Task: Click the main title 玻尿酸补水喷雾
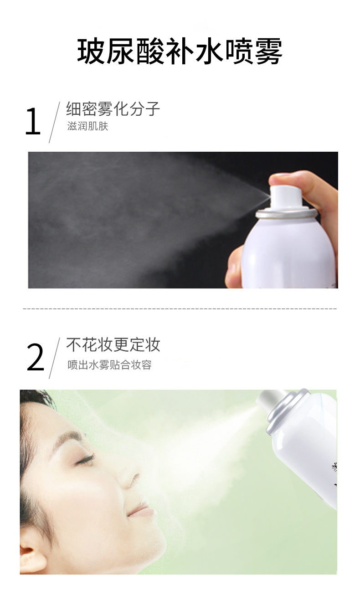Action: (180, 51)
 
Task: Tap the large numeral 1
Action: (33, 122)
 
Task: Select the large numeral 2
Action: (35, 358)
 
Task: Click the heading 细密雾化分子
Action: (113, 108)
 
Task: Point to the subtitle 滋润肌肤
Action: (88, 127)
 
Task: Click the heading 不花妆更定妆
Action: (113, 344)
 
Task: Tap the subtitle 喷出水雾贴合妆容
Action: (110, 365)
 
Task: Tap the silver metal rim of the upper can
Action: (286, 212)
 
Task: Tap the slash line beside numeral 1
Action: (54, 123)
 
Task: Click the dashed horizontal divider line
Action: (180, 308)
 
